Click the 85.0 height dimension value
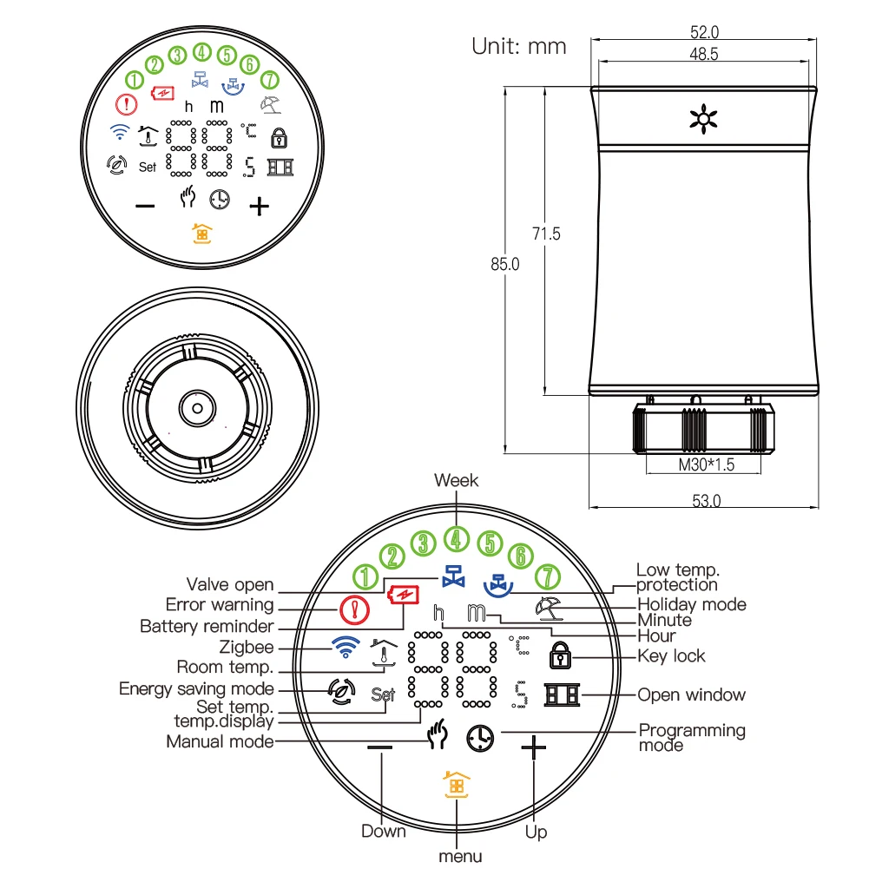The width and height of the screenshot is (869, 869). click(x=504, y=265)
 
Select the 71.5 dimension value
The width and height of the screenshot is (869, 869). click(x=546, y=234)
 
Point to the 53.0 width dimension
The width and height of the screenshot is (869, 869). click(x=706, y=500)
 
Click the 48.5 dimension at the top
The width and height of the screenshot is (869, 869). click(x=704, y=54)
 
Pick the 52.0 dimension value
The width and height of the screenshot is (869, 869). click(x=704, y=32)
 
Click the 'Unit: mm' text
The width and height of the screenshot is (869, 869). click(x=518, y=46)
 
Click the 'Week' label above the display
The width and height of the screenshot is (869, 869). click(x=456, y=480)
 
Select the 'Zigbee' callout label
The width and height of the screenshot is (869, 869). click(x=247, y=647)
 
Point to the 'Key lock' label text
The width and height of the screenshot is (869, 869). click(x=671, y=656)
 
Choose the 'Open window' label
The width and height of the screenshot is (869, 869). click(x=691, y=695)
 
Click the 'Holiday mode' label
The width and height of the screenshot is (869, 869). click(x=691, y=604)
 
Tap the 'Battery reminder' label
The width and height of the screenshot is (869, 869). click(x=207, y=626)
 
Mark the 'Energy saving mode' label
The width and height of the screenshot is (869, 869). click(x=196, y=688)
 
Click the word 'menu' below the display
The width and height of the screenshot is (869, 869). click(x=459, y=856)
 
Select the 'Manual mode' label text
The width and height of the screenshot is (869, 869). click(x=220, y=741)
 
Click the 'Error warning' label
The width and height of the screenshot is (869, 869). click(x=220, y=604)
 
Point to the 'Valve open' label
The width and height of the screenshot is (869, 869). click(x=230, y=584)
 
